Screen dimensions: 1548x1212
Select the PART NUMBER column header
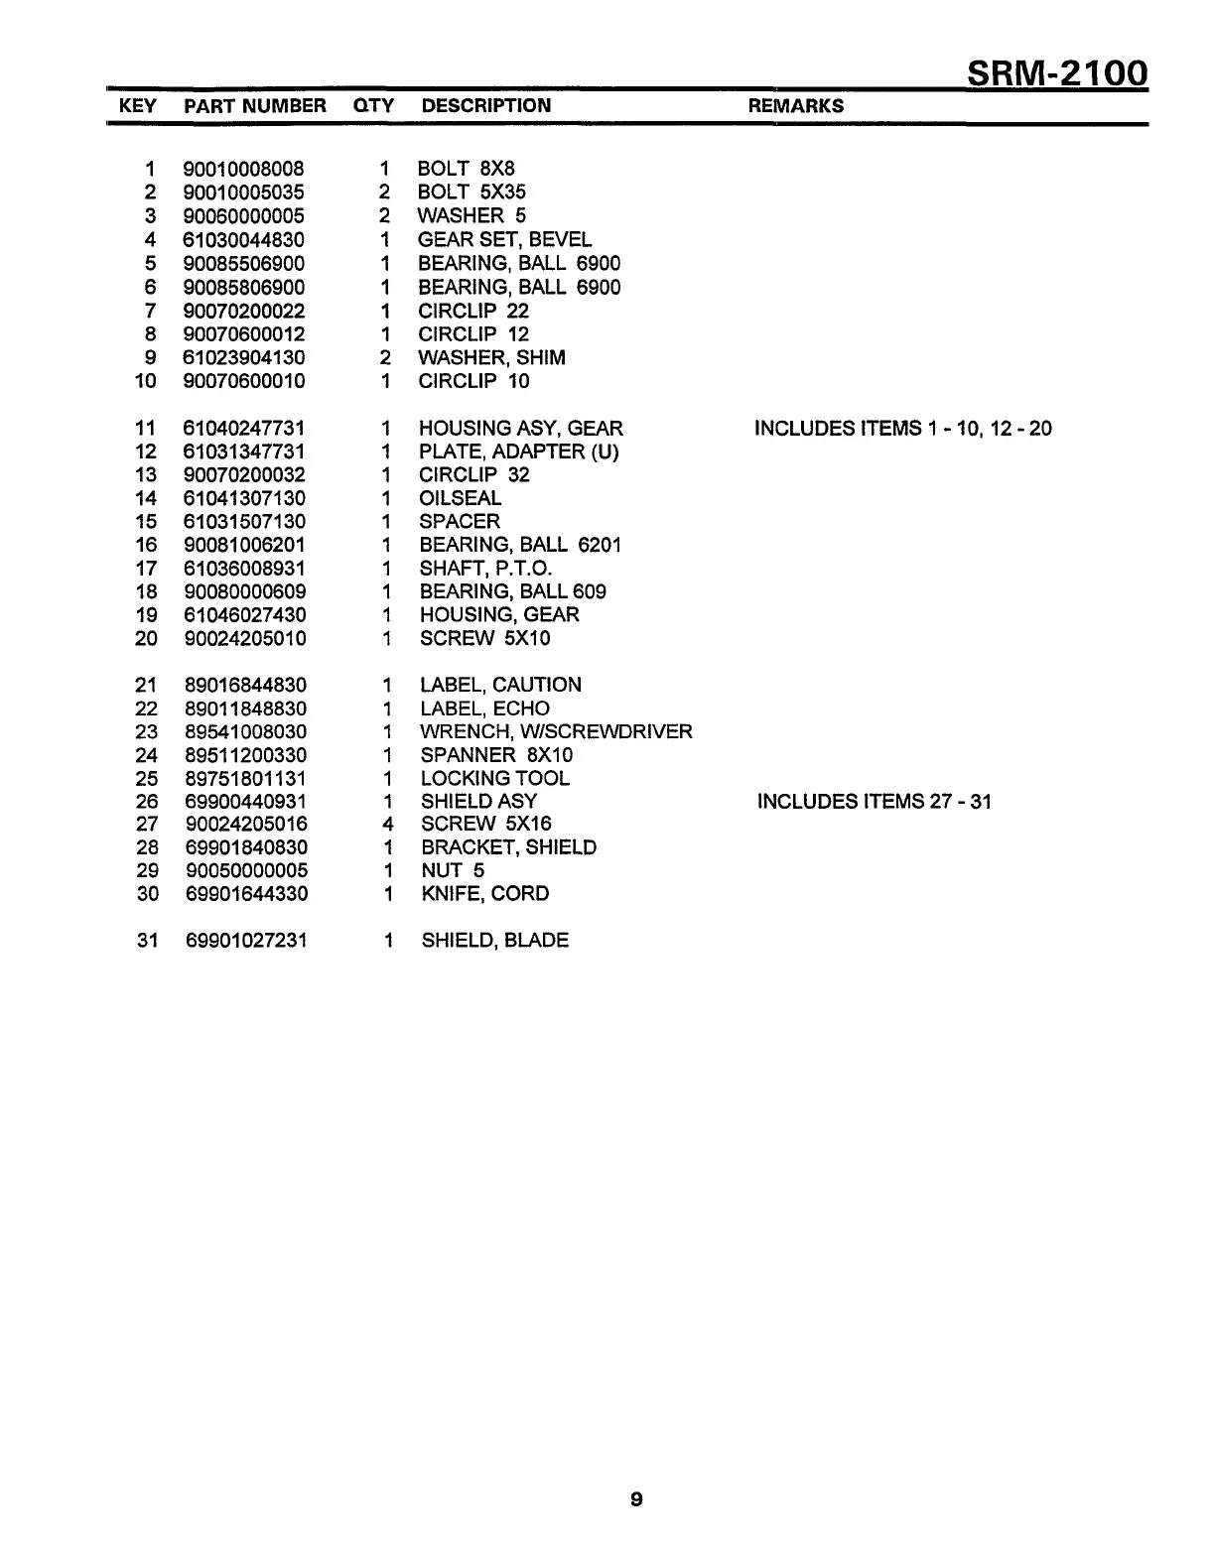click(x=255, y=106)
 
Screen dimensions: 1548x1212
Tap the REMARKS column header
click(x=796, y=106)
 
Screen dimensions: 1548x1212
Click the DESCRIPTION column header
click(x=486, y=106)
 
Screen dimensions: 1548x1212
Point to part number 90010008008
click(x=244, y=169)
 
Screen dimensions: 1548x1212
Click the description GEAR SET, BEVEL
click(x=504, y=239)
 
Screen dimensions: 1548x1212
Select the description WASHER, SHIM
click(x=492, y=357)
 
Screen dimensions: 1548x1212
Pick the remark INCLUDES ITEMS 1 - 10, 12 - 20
click(x=903, y=429)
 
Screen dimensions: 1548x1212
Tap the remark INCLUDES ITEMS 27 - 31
click(x=875, y=802)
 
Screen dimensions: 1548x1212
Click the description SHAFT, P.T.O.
click(x=485, y=569)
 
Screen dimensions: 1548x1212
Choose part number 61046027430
click(x=245, y=615)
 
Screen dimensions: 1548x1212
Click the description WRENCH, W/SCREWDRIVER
click(x=556, y=732)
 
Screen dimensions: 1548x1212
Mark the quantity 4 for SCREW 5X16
click(x=388, y=825)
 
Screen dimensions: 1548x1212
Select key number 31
click(x=147, y=941)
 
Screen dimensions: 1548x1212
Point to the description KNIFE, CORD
click(x=484, y=894)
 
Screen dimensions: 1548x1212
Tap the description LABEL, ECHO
click(x=484, y=709)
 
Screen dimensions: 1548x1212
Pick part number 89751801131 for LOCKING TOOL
click(x=245, y=779)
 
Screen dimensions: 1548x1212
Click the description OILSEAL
click(x=461, y=498)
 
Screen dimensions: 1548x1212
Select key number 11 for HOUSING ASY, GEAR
click(x=146, y=429)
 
